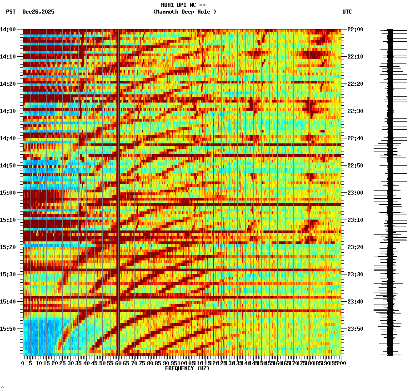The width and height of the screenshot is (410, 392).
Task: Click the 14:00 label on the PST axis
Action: pos(8,29)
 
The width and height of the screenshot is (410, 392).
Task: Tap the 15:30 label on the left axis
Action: pos(8,274)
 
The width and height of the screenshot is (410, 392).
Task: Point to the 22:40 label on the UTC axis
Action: pos(355,138)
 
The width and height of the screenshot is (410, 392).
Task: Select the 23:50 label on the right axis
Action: pos(355,329)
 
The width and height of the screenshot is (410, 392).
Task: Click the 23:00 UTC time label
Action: pos(355,193)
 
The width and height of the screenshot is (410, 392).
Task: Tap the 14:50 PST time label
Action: pos(8,166)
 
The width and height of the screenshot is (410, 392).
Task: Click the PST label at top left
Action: pos(10,12)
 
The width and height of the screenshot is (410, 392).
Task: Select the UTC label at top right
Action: pos(347,12)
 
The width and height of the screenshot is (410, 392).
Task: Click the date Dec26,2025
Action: pos(38,12)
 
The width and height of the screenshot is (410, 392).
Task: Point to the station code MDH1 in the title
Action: pos(168,5)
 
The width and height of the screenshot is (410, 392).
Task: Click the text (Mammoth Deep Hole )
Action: pos(185,12)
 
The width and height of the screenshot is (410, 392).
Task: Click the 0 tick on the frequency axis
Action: pos(23,363)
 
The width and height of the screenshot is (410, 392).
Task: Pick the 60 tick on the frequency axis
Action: pos(118,363)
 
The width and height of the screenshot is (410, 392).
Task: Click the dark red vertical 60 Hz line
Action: pos(118,181)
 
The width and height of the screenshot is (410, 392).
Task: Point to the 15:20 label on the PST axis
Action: pos(8,247)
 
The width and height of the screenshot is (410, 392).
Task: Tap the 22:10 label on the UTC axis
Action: pos(355,57)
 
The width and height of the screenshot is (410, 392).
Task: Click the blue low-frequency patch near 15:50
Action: pos(39,336)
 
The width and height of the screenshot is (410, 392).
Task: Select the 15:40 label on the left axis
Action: pos(8,302)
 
